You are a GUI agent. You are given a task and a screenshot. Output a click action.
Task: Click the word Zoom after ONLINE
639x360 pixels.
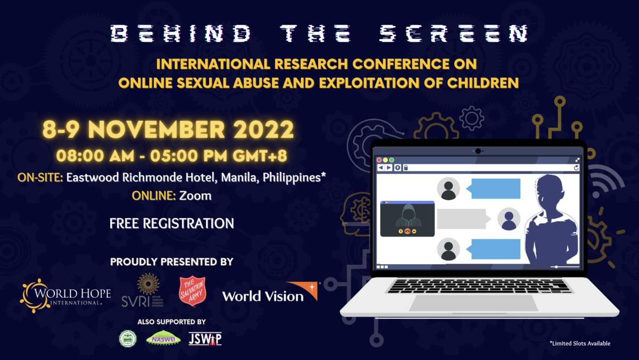195,196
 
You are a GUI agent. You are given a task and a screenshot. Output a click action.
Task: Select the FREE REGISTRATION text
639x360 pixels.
171,223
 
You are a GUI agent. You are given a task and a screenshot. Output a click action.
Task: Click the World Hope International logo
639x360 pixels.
65,293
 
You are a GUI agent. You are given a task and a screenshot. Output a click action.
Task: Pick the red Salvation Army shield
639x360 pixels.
192,292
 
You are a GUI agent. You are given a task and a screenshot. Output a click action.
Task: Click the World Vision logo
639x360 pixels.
270,292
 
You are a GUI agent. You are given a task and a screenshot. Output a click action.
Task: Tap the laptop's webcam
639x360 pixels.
478,151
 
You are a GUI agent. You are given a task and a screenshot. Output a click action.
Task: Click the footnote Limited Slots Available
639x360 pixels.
580,343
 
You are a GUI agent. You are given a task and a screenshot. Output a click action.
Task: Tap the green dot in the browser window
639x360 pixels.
392,160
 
